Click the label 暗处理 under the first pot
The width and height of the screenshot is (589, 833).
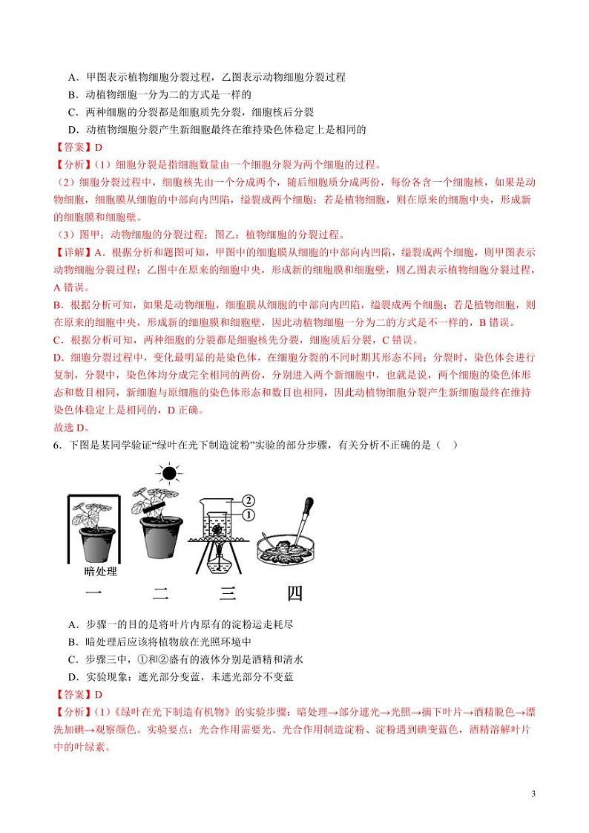pos(102,571)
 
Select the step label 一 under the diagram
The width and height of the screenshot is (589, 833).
pos(93,593)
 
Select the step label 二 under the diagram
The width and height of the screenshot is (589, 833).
pos(161,593)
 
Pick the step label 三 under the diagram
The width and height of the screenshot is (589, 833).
pos(228,593)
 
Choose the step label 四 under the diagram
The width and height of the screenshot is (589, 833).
pos(294,593)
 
